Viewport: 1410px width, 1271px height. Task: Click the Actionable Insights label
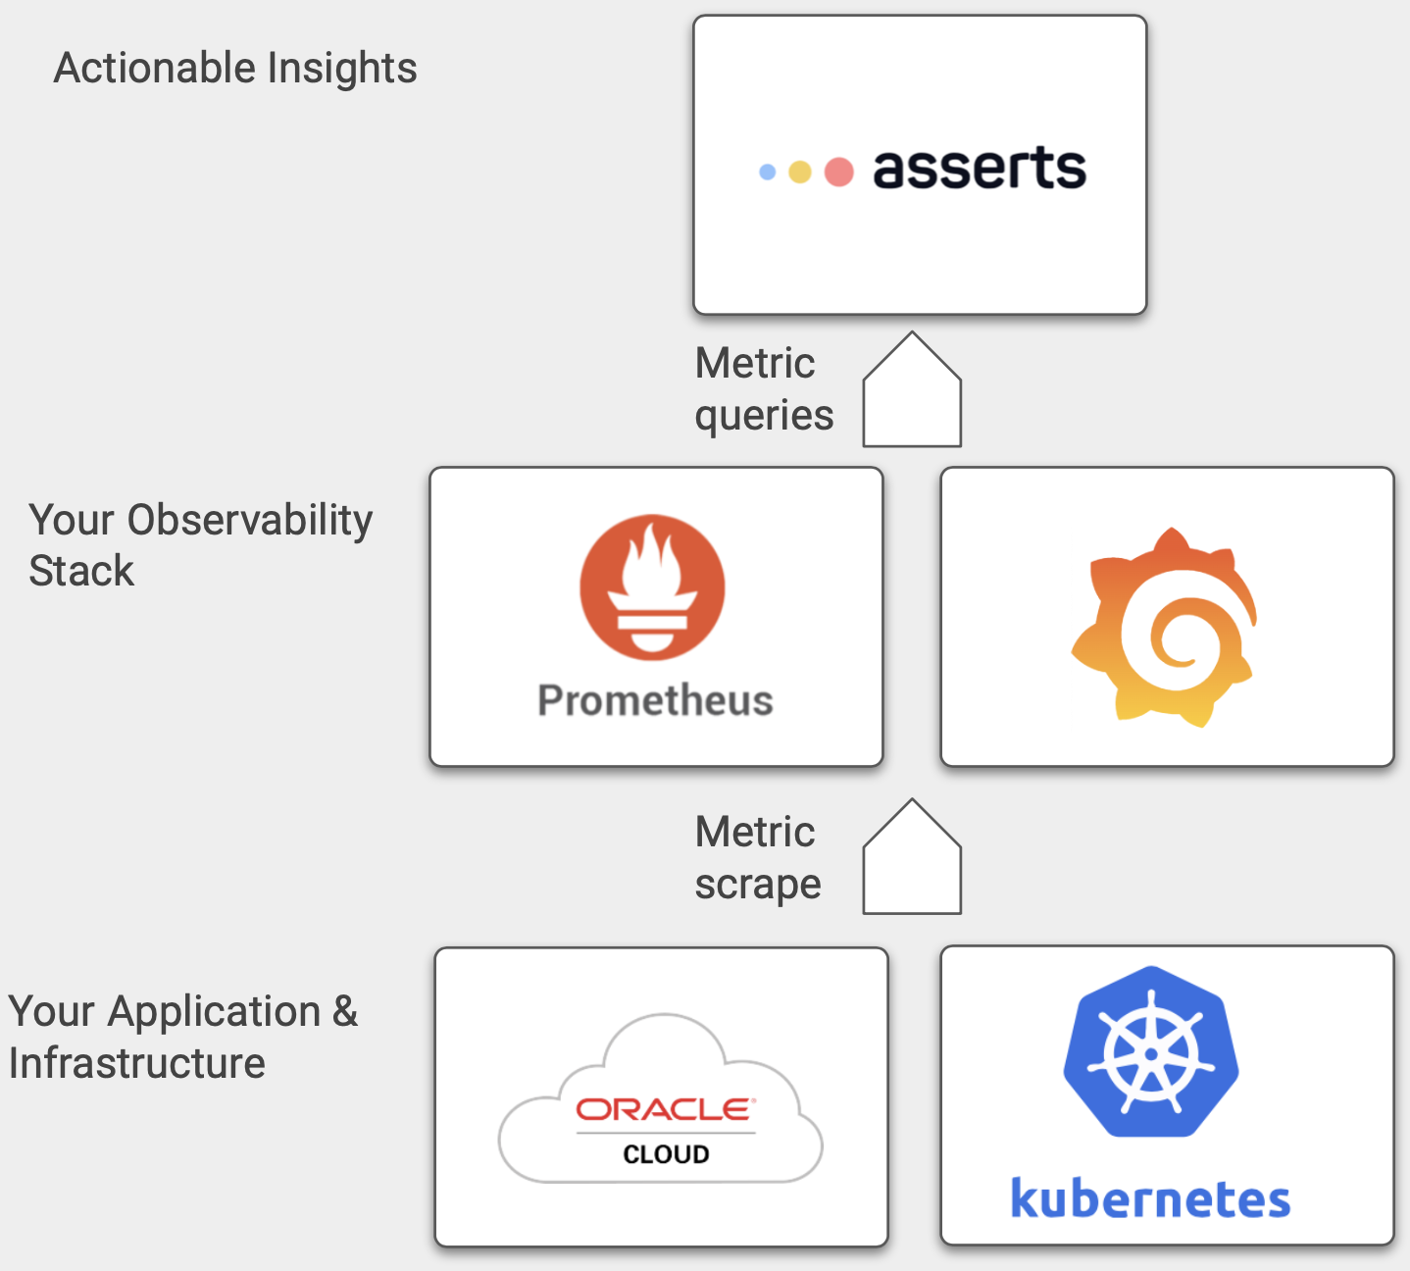pyautogui.click(x=235, y=69)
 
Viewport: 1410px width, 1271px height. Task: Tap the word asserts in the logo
pyautogui.click(x=979, y=169)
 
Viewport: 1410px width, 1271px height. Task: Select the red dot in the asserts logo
pyautogui.click(x=838, y=173)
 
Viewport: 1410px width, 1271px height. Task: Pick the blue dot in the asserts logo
pyautogui.click(x=768, y=173)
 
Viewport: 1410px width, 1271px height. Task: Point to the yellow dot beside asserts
pyautogui.click(x=800, y=173)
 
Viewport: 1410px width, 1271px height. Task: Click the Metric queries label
pyautogui.click(x=764, y=389)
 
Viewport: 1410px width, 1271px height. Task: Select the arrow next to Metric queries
pyautogui.click(x=912, y=391)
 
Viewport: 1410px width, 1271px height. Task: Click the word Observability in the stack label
pyautogui.click(x=250, y=520)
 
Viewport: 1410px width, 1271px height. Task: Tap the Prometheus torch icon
pyautogui.click(x=652, y=586)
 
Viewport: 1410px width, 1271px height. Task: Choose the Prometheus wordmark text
pyautogui.click(x=655, y=700)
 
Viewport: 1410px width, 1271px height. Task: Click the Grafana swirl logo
pyautogui.click(x=1164, y=628)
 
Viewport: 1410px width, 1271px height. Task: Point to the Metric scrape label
pyautogui.click(x=757, y=858)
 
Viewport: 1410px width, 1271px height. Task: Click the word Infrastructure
pyautogui.click(x=137, y=1063)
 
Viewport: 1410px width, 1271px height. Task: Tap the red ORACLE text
pyautogui.click(x=666, y=1109)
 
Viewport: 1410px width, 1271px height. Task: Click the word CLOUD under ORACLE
pyautogui.click(x=666, y=1154)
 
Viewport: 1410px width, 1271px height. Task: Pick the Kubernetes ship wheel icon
pyautogui.click(x=1151, y=1052)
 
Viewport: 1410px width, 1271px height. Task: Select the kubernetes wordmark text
pyautogui.click(x=1150, y=1199)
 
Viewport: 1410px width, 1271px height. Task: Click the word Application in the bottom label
pyautogui.click(x=215, y=1012)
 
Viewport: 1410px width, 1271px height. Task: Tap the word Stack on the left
pyautogui.click(x=81, y=571)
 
